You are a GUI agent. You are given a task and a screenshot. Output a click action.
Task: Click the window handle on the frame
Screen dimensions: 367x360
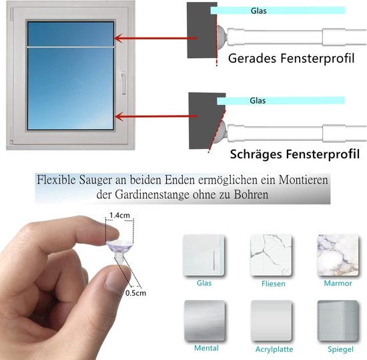click(x=124, y=83)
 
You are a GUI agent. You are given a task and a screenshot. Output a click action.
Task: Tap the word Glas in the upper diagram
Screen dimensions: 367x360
click(x=259, y=11)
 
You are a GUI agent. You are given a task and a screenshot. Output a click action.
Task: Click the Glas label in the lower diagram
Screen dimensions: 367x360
click(x=258, y=100)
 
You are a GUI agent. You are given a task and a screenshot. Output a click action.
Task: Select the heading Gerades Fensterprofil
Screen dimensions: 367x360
click(x=291, y=58)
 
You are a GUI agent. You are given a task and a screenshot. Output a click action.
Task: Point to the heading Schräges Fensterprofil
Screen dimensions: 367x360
click(x=295, y=154)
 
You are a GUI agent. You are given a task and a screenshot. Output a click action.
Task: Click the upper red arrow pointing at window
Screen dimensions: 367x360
click(x=156, y=38)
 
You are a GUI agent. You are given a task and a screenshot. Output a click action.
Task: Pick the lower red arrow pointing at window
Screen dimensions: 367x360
click(x=157, y=116)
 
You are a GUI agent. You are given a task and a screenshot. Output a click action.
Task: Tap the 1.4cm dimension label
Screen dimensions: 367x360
click(x=119, y=215)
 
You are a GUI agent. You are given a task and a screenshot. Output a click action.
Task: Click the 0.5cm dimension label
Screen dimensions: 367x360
click(x=135, y=293)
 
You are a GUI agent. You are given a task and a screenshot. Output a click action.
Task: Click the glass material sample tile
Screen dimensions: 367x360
click(x=204, y=255)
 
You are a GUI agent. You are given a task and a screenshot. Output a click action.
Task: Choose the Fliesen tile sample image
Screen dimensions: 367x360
click(x=271, y=255)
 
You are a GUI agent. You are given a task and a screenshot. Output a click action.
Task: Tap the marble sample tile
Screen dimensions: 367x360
click(x=338, y=255)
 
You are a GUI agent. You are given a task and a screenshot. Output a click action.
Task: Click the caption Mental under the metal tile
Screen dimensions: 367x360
click(x=206, y=348)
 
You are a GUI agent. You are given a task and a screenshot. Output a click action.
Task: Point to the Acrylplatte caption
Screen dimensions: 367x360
click(x=274, y=349)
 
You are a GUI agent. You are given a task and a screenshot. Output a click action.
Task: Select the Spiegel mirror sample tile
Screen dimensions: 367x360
click(x=338, y=321)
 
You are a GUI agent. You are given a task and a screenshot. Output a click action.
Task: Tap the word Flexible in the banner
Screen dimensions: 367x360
click(x=57, y=180)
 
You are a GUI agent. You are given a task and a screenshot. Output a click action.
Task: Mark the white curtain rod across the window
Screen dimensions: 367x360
click(x=71, y=47)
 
